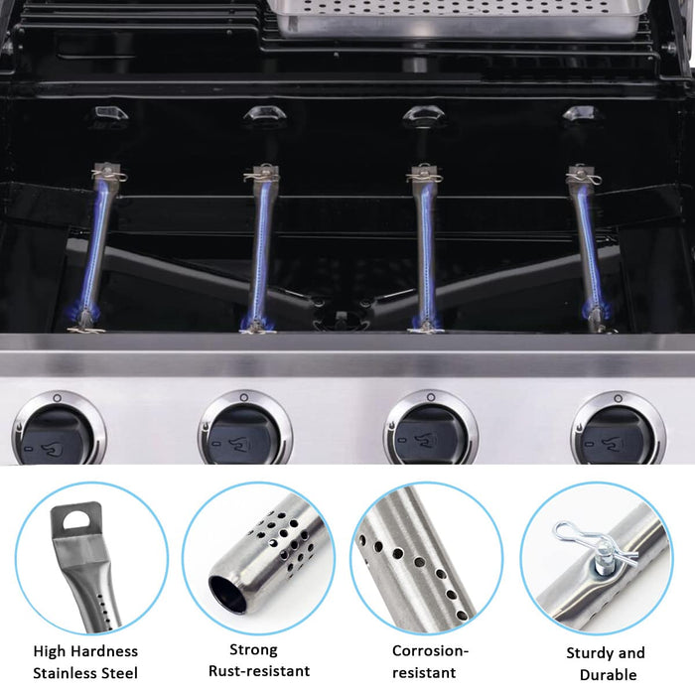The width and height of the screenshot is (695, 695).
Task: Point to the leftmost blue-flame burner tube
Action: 100,248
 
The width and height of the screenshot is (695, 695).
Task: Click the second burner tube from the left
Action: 260,248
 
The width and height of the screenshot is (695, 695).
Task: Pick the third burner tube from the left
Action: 425,248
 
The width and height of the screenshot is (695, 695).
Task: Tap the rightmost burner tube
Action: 587,248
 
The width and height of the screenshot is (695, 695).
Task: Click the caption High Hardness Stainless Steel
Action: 85,662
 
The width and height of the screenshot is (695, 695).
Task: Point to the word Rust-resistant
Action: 259,671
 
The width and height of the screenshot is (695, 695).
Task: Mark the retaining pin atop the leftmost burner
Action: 108,177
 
